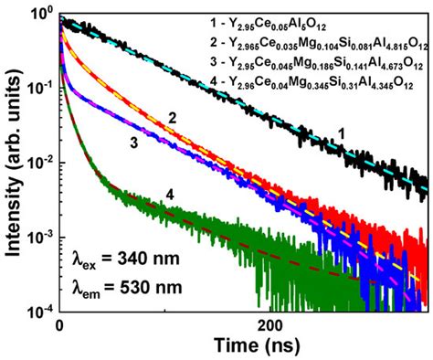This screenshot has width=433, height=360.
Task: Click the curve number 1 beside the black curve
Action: (x=343, y=133)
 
